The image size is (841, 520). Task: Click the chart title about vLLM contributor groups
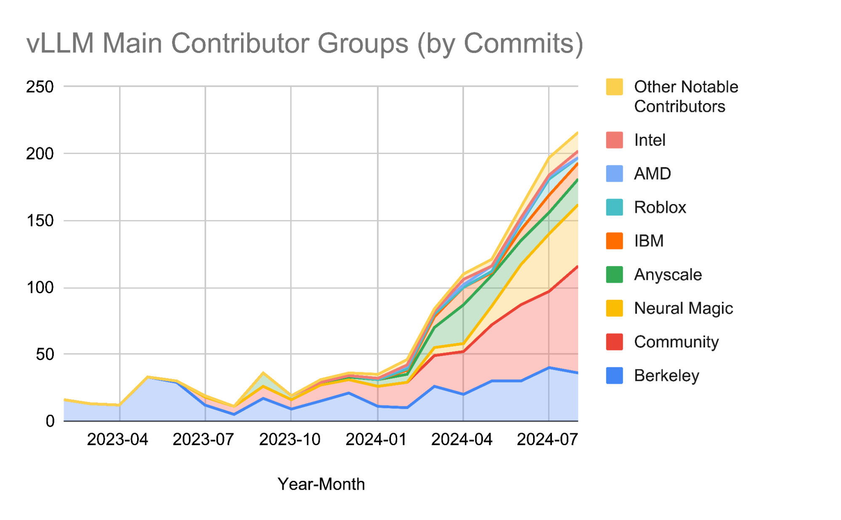(x=305, y=43)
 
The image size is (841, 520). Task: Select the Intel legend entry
(x=649, y=140)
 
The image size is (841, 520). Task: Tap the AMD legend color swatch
(x=614, y=174)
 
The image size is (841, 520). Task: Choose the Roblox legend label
(x=660, y=207)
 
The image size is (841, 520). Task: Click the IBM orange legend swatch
(x=614, y=241)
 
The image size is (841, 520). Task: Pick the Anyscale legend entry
(x=667, y=275)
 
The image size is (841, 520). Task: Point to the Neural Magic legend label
(x=683, y=308)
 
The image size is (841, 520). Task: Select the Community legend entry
(x=676, y=342)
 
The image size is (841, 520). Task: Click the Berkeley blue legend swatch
(x=614, y=376)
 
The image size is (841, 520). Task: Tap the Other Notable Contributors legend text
(x=686, y=96)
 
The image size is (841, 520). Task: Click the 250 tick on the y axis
(x=40, y=87)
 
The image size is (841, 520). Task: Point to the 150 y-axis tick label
(x=40, y=220)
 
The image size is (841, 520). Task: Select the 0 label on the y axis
(x=50, y=421)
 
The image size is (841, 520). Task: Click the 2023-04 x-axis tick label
(x=117, y=440)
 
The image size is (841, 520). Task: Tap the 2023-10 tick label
(x=289, y=440)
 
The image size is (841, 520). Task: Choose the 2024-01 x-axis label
(x=376, y=440)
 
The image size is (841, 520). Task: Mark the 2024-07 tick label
(x=547, y=440)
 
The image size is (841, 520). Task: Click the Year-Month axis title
(x=321, y=484)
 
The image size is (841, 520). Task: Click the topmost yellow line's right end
(x=577, y=133)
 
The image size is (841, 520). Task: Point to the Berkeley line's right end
(x=577, y=373)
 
